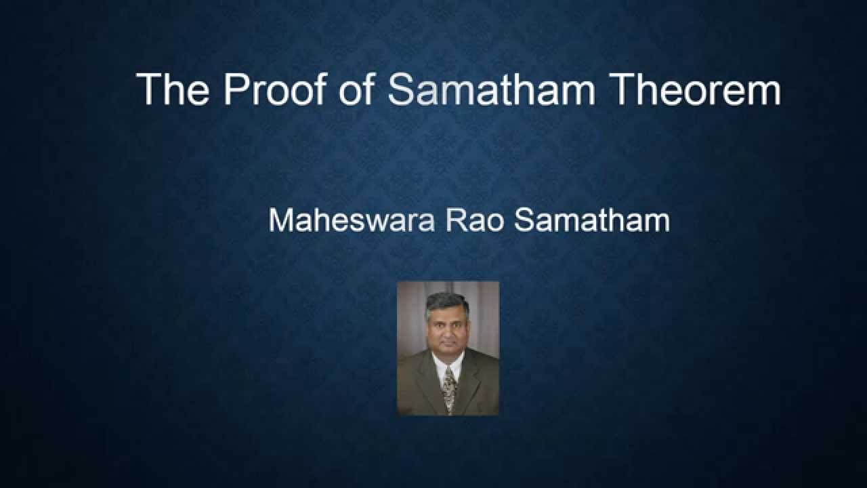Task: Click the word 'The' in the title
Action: pyautogui.click(x=173, y=89)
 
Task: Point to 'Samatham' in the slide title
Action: pyautogui.click(x=491, y=89)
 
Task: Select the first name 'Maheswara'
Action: pyautogui.click(x=351, y=221)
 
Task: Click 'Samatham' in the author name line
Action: pyautogui.click(x=592, y=221)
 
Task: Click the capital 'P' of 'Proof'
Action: pyautogui.click(x=236, y=89)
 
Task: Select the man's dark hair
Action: pyautogui.click(x=447, y=303)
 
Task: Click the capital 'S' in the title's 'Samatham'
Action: pyautogui.click(x=401, y=89)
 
